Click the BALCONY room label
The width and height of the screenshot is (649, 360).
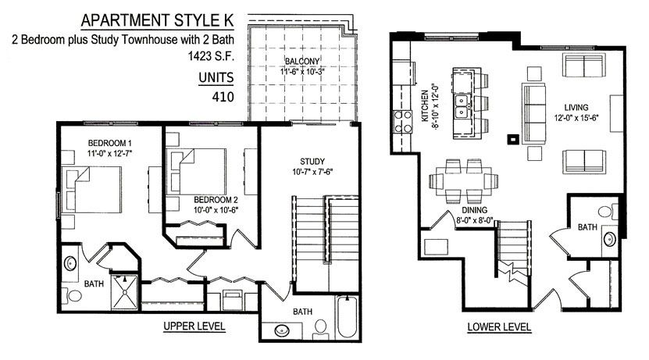click(302, 61)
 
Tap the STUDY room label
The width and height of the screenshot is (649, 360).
click(312, 162)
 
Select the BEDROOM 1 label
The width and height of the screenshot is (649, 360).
click(109, 143)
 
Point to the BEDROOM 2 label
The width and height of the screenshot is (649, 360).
click(216, 199)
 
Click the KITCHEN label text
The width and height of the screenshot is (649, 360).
click(425, 106)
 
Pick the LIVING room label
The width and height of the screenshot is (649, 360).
click(576, 108)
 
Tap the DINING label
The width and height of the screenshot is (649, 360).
click(474, 210)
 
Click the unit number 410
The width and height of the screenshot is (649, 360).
click(223, 97)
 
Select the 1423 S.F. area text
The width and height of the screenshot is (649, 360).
click(211, 56)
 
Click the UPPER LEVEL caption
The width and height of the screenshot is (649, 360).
click(194, 326)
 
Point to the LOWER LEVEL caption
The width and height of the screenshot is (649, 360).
click(499, 327)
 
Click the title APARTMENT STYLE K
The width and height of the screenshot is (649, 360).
click(157, 20)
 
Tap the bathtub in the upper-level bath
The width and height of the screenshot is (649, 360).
click(347, 317)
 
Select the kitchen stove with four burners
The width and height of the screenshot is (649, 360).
click(403, 122)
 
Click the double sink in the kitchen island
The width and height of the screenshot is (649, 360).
click(462, 106)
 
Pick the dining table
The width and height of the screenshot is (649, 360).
click(464, 181)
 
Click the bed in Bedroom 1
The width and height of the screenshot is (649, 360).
click(92, 190)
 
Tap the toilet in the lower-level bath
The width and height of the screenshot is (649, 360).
click(608, 212)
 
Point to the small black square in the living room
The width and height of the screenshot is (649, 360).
click(513, 140)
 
